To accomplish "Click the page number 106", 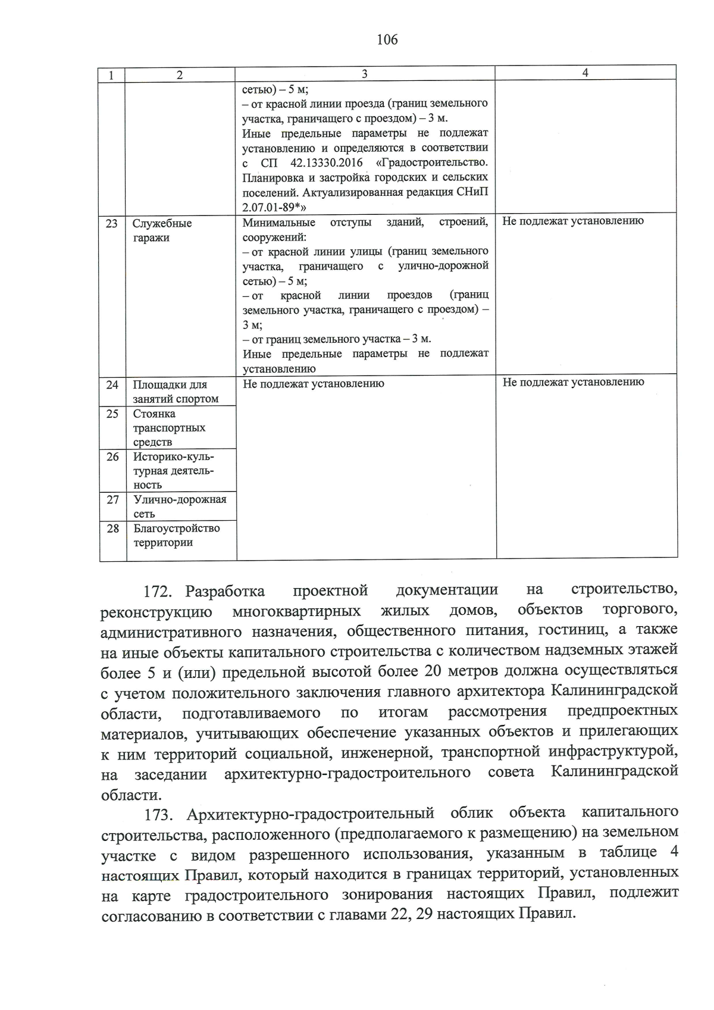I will (x=387, y=40).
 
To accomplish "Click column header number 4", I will (x=585, y=73).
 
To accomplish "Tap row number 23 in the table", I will (x=112, y=224).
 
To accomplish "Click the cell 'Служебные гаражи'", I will (x=162, y=231).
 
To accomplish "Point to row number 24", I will (x=112, y=384).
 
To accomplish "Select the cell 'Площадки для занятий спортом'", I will (x=176, y=392).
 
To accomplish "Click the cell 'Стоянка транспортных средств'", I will (x=169, y=428).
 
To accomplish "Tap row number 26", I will (x=112, y=457).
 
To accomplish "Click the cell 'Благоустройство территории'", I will (x=176, y=535).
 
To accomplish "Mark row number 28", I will (x=112, y=529).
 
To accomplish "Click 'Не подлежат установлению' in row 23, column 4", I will (x=573, y=221).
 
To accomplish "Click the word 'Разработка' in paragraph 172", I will (x=225, y=592).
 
